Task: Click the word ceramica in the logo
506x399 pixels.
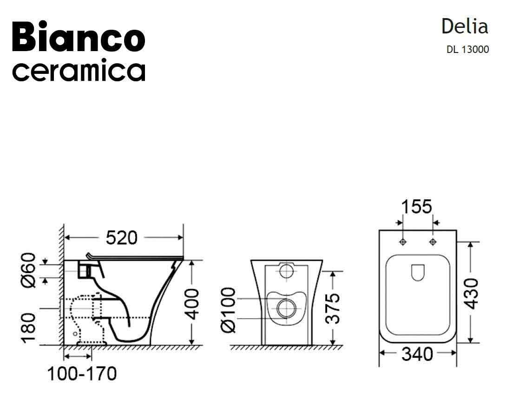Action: (79, 70)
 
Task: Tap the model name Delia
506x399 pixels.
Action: (465, 26)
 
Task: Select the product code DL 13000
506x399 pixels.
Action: (467, 50)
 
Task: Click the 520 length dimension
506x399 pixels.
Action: (122, 238)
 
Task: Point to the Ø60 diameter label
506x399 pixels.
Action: (28, 270)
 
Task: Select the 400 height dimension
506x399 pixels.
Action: (193, 304)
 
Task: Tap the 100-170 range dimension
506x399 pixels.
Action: (82, 374)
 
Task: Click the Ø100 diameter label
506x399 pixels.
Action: (228, 310)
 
